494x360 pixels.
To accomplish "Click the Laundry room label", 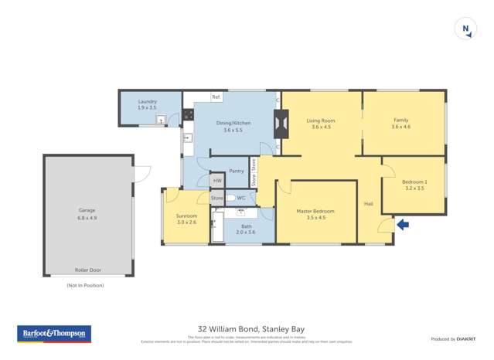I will point(147,104).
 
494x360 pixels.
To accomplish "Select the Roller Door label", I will point(87,270).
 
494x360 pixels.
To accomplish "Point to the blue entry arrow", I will point(403,225).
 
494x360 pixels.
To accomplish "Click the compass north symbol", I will point(466,29).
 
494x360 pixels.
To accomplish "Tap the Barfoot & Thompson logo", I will point(54,334).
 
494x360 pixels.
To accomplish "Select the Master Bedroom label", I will point(315,214).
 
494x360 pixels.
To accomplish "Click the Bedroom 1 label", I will point(414,185).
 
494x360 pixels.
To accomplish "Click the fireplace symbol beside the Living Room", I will point(281,124).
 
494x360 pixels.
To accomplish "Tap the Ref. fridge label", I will point(216,97).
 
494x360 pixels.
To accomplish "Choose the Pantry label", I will point(237,171).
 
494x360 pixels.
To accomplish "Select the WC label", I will point(241,198).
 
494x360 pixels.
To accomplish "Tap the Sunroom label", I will point(186,219).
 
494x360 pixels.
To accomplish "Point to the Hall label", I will point(369,203).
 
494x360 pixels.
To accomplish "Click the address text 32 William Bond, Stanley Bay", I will point(247,328).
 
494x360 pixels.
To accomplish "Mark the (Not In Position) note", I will point(85,285).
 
